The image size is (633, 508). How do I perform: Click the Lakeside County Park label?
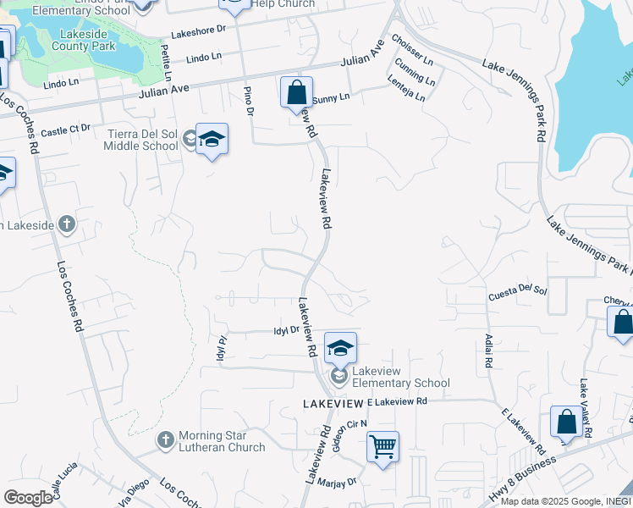87,40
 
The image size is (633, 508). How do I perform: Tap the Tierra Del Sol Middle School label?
141,140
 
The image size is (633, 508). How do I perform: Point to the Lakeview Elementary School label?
400,377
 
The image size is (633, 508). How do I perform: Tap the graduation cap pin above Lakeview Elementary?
340,347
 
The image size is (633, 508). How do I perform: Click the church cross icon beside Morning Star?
166,440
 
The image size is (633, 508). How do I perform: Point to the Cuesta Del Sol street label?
518,293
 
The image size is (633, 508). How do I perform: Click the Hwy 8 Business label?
523,480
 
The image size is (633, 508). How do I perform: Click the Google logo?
28,497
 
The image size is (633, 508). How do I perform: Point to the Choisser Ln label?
412,50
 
